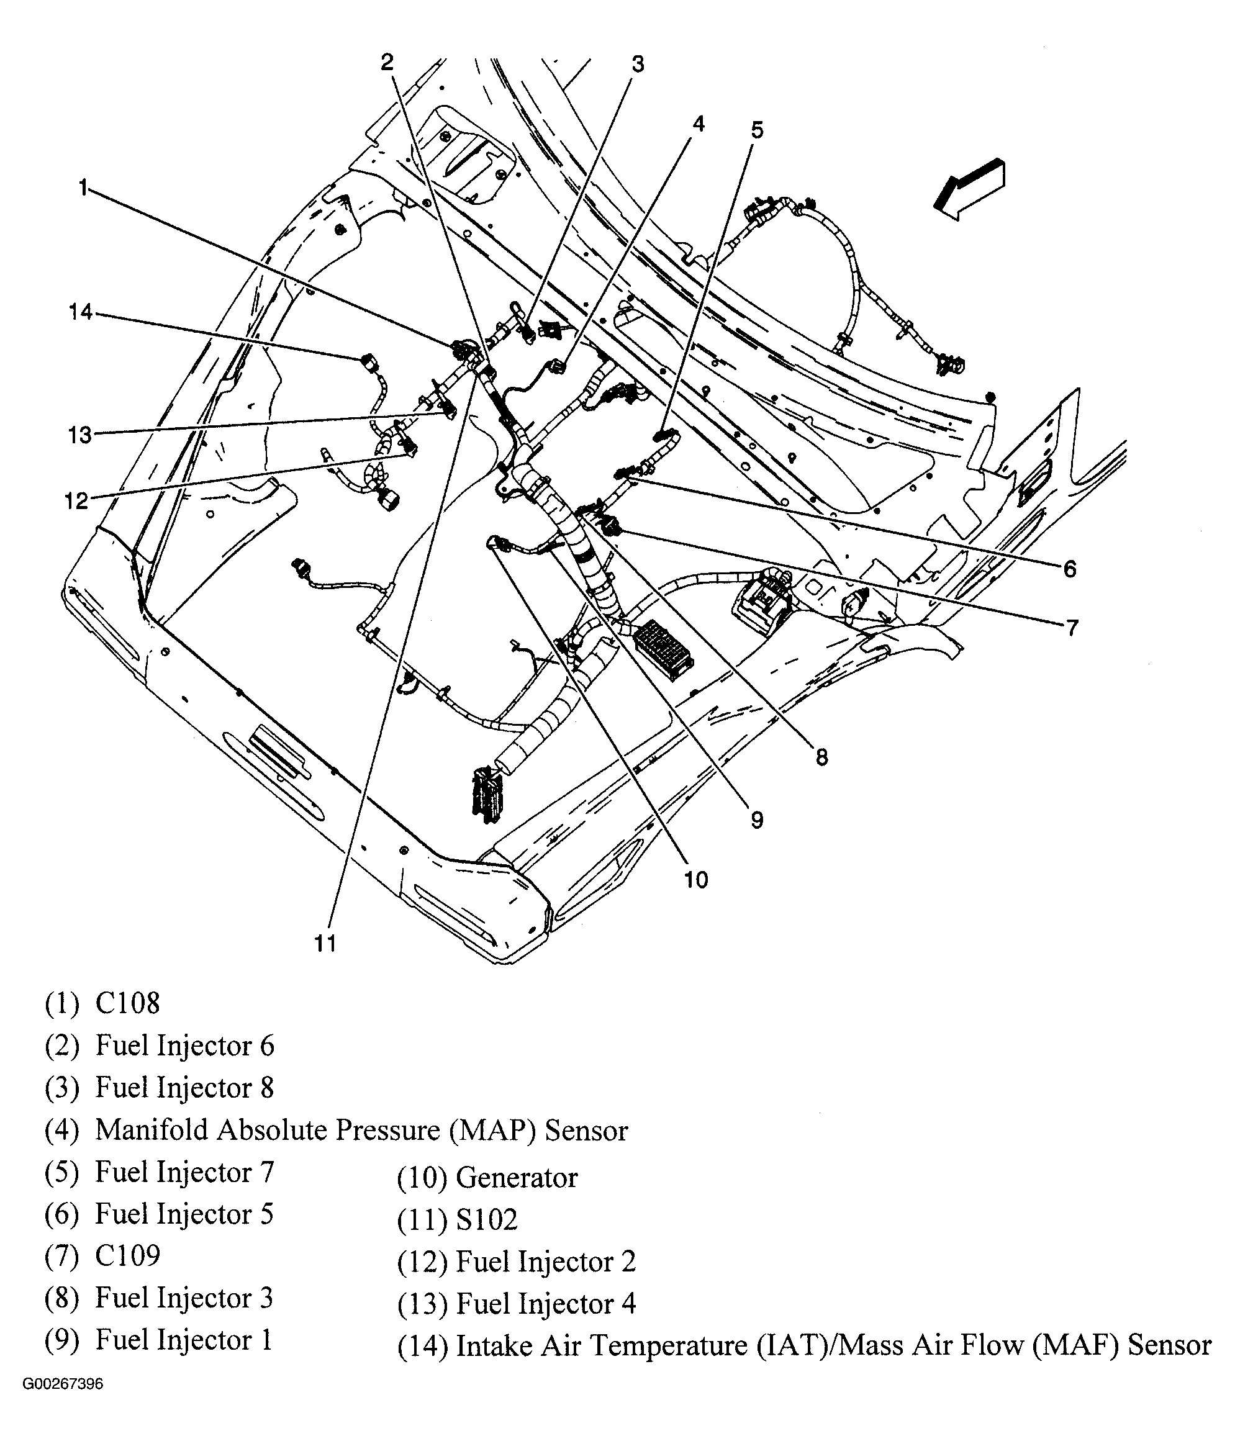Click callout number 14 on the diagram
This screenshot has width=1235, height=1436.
point(79,312)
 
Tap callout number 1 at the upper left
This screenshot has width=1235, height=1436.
point(83,188)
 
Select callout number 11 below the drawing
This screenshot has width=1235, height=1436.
point(325,942)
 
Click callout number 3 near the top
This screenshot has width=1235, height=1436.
point(638,65)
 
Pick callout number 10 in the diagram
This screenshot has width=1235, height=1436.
point(696,880)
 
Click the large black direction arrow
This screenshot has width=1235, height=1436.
point(969,189)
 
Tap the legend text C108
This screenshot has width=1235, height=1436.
point(127,1003)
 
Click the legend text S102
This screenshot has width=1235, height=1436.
point(487,1220)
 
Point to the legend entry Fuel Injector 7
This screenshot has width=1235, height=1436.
point(184,1172)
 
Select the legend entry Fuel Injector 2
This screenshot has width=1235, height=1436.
point(545,1262)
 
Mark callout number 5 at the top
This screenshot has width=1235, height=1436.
point(757,130)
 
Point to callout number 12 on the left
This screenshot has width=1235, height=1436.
point(76,500)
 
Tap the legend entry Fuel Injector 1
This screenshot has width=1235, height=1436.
point(184,1340)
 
